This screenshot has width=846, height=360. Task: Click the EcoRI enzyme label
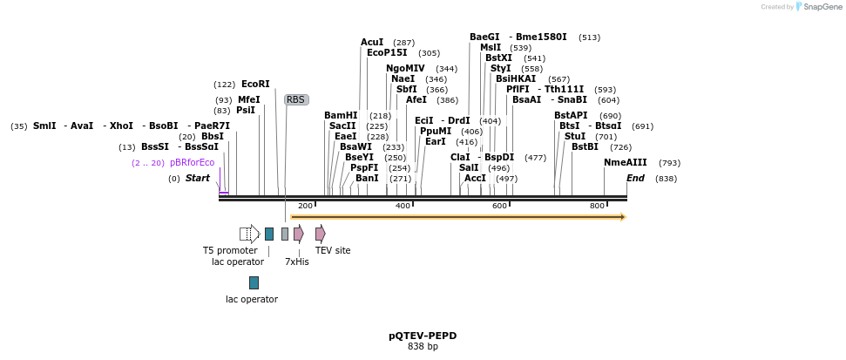(x=255, y=85)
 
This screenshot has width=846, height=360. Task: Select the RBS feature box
(x=296, y=100)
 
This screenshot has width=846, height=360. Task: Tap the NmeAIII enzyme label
(x=626, y=163)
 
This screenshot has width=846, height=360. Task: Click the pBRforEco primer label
(x=192, y=163)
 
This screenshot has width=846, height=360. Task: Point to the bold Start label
(x=197, y=179)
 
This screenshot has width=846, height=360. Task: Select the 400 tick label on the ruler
(x=403, y=206)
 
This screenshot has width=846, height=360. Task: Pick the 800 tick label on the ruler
(x=597, y=206)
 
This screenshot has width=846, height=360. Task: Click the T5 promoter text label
(x=230, y=250)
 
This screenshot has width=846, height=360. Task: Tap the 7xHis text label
(x=297, y=262)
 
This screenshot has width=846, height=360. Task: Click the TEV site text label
(x=333, y=250)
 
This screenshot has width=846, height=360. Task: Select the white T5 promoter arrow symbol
(x=250, y=234)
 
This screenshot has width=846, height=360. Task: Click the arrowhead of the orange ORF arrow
(x=623, y=217)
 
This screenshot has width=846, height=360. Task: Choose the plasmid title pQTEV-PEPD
(x=423, y=336)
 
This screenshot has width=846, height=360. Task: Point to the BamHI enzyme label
(x=341, y=116)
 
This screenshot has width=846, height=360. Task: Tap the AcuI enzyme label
(x=372, y=43)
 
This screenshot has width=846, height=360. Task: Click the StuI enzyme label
(x=574, y=137)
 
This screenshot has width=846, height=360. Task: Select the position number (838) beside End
(x=666, y=179)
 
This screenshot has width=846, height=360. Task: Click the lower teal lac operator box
(x=254, y=282)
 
